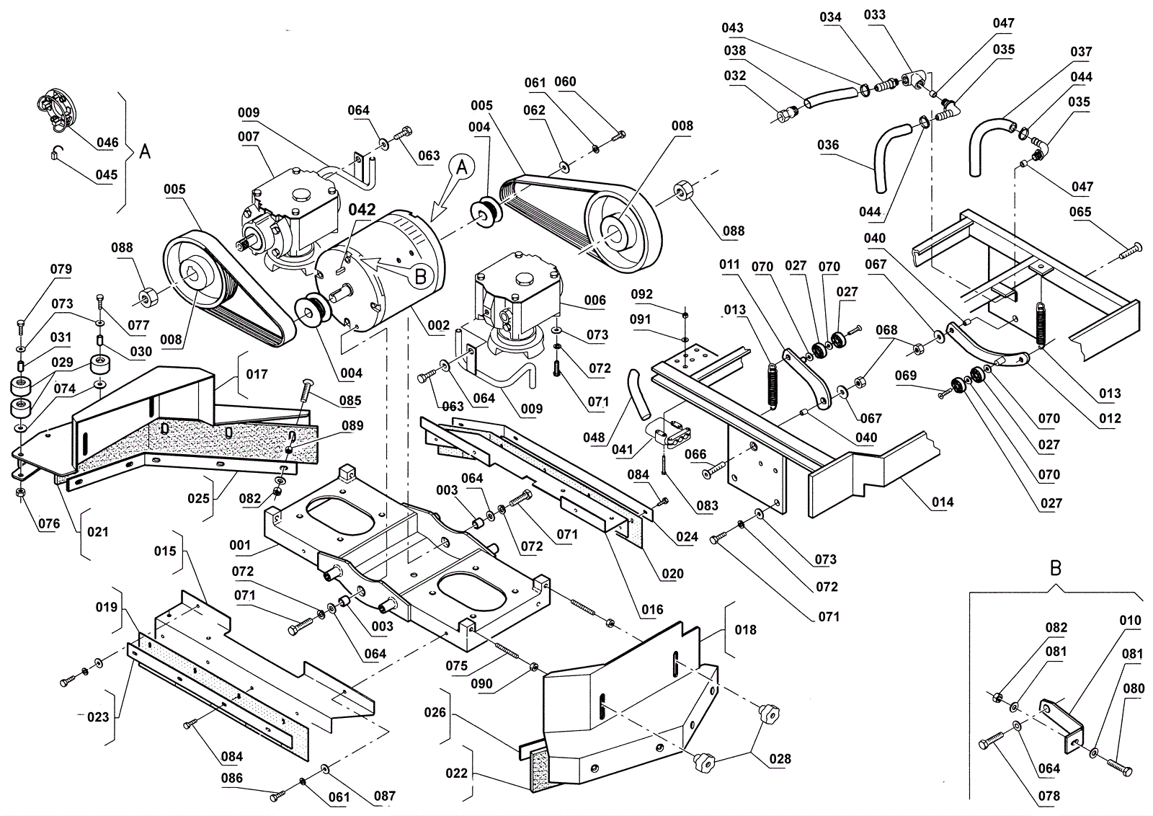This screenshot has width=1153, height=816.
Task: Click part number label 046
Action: point(107,142)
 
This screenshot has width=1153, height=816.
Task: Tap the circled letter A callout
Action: point(463,167)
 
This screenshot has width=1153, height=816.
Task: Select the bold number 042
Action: point(362,209)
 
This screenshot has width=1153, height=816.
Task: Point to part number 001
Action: point(240,545)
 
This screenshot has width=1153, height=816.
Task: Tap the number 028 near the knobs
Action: point(780,758)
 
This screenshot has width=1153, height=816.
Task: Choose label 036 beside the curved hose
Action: point(828,144)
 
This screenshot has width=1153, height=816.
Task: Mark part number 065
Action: point(1080,212)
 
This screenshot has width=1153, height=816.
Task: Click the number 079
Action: point(61,269)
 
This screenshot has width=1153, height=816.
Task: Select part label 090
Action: point(481,683)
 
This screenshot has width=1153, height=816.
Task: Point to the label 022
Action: point(457,773)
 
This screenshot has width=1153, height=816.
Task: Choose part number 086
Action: point(232,778)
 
